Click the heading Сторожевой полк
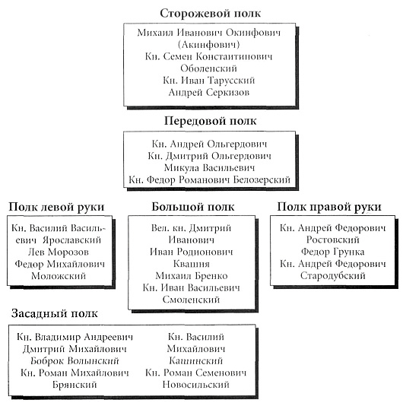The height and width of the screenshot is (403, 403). click(x=210, y=14)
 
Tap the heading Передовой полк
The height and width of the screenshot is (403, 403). click(x=210, y=122)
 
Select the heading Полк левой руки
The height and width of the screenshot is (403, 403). click(x=56, y=207)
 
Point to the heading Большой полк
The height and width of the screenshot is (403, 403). click(x=193, y=207)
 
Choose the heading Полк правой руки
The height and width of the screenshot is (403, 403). click(x=329, y=207)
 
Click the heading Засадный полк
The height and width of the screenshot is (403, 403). click(x=55, y=314)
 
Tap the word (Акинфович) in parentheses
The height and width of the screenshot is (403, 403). click(x=208, y=45)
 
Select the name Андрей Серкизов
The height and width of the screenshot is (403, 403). click(x=208, y=92)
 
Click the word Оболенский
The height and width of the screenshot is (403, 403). click(x=208, y=68)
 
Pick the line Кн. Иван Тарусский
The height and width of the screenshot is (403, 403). click(x=208, y=81)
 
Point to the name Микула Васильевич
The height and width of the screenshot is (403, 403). click(x=209, y=168)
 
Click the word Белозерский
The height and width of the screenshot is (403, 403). click(x=262, y=180)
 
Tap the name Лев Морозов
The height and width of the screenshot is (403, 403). click(x=59, y=252)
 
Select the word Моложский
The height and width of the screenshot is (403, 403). click(x=59, y=276)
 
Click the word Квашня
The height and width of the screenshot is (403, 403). click(x=192, y=264)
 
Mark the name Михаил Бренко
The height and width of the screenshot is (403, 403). click(x=192, y=276)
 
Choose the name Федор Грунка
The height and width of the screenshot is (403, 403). click(x=332, y=252)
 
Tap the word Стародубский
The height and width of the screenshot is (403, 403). click(x=332, y=276)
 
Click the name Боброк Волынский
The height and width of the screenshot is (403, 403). click(x=75, y=361)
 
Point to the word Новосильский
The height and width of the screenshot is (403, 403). click(x=196, y=385)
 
